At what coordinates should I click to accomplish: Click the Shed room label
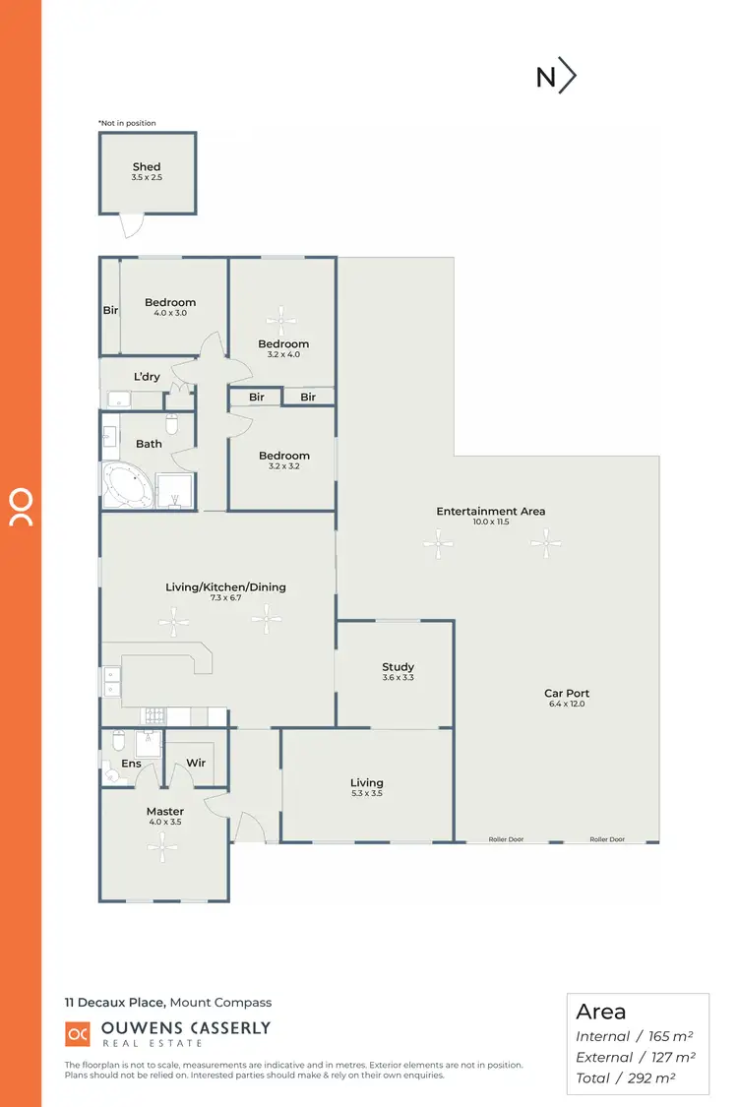[147, 167]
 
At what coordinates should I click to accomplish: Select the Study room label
[398, 667]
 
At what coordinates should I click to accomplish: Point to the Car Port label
[566, 693]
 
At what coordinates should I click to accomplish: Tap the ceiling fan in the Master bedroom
[162, 843]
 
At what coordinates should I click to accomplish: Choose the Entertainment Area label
[490, 511]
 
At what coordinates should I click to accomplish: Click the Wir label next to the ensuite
[195, 763]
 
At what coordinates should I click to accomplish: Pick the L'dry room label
[147, 377]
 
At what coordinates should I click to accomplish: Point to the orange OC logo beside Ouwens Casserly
[78, 1034]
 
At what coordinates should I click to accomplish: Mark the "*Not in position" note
[127, 123]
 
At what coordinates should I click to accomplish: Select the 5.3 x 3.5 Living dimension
[367, 793]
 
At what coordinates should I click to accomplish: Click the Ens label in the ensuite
[131, 764]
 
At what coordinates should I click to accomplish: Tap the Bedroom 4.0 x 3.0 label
[170, 302]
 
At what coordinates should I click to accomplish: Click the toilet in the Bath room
[171, 424]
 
